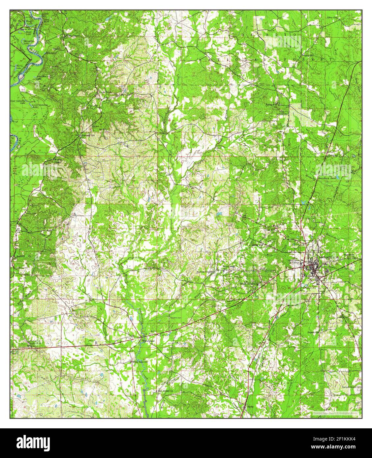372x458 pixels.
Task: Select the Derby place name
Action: (248, 407)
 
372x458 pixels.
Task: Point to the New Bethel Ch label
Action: (166, 391)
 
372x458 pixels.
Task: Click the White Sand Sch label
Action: (139, 361)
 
